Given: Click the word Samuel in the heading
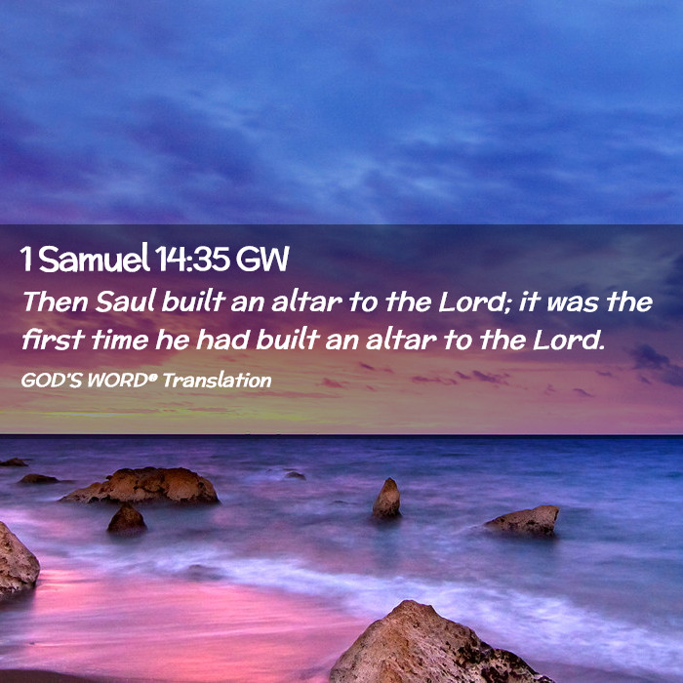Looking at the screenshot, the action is click(94, 259).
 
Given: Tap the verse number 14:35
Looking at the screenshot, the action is click(192, 260).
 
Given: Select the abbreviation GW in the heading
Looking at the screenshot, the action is click(262, 260).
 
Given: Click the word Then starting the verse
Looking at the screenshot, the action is click(56, 301).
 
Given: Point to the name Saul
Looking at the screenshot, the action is click(126, 301).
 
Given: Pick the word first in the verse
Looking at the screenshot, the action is click(53, 340).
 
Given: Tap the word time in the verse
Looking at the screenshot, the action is click(120, 340).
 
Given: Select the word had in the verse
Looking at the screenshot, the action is click(222, 340).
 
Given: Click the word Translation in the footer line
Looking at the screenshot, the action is click(217, 381).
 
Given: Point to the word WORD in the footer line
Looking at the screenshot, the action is click(118, 381).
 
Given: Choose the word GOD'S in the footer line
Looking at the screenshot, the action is click(52, 381).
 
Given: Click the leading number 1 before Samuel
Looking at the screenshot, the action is click(26, 260).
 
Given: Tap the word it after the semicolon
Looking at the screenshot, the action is click(529, 301).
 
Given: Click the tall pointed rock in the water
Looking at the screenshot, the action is click(386, 499).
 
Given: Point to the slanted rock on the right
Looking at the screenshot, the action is click(524, 520).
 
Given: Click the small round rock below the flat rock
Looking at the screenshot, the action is click(127, 520).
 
